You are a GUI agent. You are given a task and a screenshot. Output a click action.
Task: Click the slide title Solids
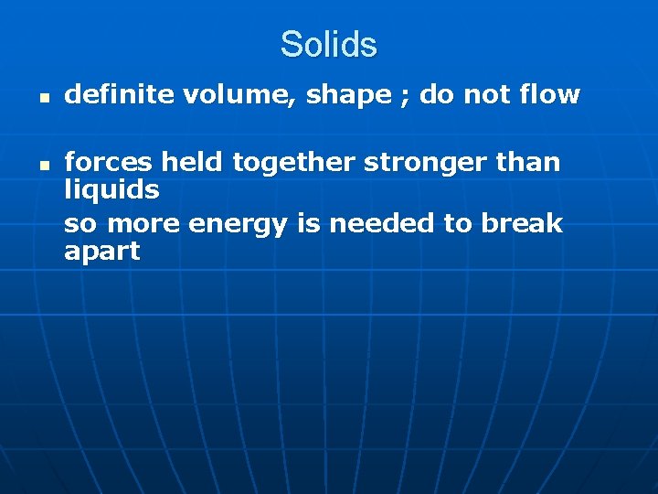pyautogui.click(x=328, y=44)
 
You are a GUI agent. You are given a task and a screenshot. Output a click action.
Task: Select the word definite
pyautogui.click(x=111, y=94)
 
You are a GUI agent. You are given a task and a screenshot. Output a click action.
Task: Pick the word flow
pyautogui.click(x=550, y=94)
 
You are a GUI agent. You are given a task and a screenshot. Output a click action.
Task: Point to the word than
pyautogui.click(x=528, y=162)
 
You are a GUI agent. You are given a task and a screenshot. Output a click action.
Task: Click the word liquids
pyautogui.click(x=111, y=190)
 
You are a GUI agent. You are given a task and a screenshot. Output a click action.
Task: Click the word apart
pyautogui.click(x=101, y=252)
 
